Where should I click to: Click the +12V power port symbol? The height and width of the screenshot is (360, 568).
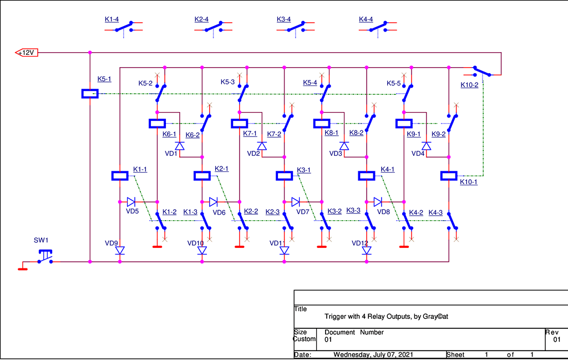coord(27,53)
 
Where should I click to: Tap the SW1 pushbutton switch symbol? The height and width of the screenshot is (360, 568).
coord(45,256)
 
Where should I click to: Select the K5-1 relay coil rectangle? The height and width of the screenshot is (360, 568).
coord(90,94)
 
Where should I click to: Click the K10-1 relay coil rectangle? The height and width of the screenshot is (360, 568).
coord(449,176)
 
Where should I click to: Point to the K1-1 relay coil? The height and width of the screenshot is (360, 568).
coord(120,176)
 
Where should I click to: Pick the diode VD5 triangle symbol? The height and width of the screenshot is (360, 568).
coord(131,202)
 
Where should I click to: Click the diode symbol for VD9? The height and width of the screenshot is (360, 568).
coord(120,251)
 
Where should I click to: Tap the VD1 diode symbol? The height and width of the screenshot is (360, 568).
coord(180,146)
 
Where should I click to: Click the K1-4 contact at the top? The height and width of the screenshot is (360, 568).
coord(124,27)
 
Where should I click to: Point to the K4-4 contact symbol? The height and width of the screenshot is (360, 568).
coord(378,27)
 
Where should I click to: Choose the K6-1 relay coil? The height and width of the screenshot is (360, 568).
coord(157,124)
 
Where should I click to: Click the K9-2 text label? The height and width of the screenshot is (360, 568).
coord(439,134)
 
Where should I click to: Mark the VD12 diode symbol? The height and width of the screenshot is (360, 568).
coord(367,251)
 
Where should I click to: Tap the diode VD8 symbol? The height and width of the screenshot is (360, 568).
coord(378,202)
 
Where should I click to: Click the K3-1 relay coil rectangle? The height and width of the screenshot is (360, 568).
coord(285,176)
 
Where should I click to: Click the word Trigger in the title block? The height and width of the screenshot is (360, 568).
coord(334,317)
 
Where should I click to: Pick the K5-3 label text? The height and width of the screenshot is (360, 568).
coord(228,82)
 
